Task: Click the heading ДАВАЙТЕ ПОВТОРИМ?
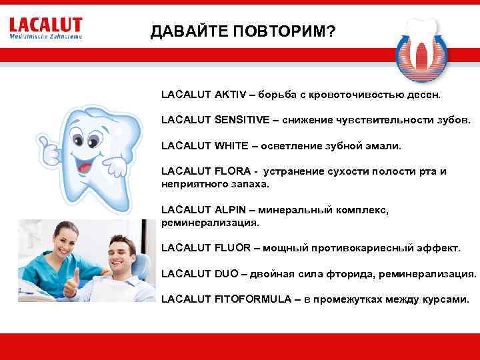[243, 33]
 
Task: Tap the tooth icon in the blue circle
[420, 49]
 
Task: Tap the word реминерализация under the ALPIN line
[209, 222]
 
